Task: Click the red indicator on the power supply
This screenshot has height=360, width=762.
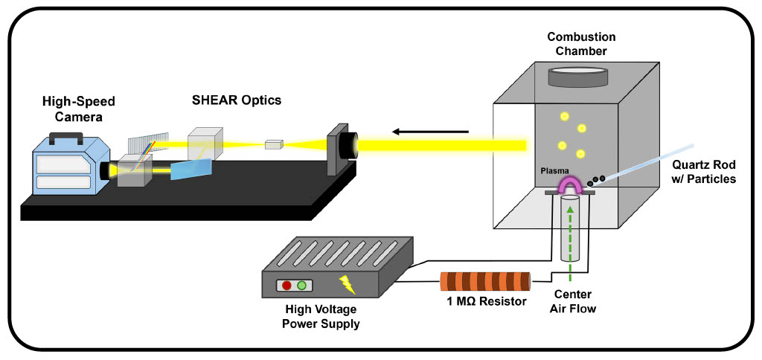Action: click(286, 286)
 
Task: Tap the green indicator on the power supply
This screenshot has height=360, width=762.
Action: click(301, 286)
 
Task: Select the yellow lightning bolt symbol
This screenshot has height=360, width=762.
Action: click(347, 284)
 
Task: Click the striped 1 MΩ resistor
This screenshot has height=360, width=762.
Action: click(486, 282)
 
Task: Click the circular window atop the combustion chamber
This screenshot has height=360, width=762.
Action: click(577, 76)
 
